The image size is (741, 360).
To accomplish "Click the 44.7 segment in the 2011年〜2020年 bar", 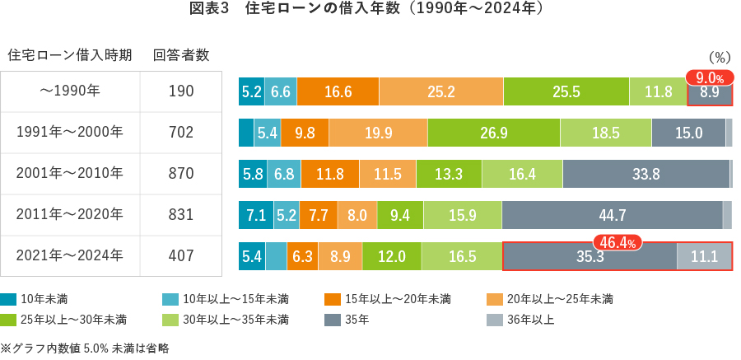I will [x=612, y=215].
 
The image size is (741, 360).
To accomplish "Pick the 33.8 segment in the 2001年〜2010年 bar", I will [x=646, y=174].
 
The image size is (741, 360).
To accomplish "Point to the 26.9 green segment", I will [x=493, y=133].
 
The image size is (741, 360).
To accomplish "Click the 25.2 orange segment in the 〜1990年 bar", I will [x=440, y=91].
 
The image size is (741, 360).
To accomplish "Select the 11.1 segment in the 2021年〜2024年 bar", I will [x=704, y=257].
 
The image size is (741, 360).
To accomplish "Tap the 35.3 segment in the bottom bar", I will [x=590, y=257].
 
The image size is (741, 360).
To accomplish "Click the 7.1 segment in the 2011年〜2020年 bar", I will [x=255, y=215].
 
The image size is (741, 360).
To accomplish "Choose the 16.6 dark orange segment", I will [x=338, y=91].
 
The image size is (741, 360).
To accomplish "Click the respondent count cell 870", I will [x=180, y=174].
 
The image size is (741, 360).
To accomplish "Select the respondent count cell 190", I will [x=180, y=91].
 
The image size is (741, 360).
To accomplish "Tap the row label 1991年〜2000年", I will [x=70, y=133].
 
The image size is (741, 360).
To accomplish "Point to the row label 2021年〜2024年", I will [x=70, y=256].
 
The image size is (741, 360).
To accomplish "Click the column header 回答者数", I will [x=180, y=55].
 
